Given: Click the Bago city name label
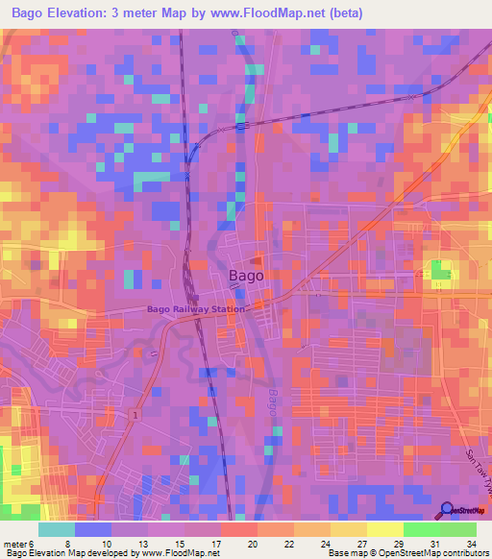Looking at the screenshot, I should pyautogui.click(x=246, y=277).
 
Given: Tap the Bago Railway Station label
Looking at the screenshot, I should pyautogui.click(x=196, y=309).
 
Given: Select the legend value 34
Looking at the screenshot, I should pyautogui.click(x=472, y=544).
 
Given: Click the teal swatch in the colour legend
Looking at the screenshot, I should pyautogui.click(x=56, y=529).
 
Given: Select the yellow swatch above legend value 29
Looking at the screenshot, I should pyautogui.click(x=384, y=529).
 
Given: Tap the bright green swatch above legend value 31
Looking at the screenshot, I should pyautogui.click(x=421, y=529).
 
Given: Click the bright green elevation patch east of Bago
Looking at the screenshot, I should pyautogui.click(x=440, y=272).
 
